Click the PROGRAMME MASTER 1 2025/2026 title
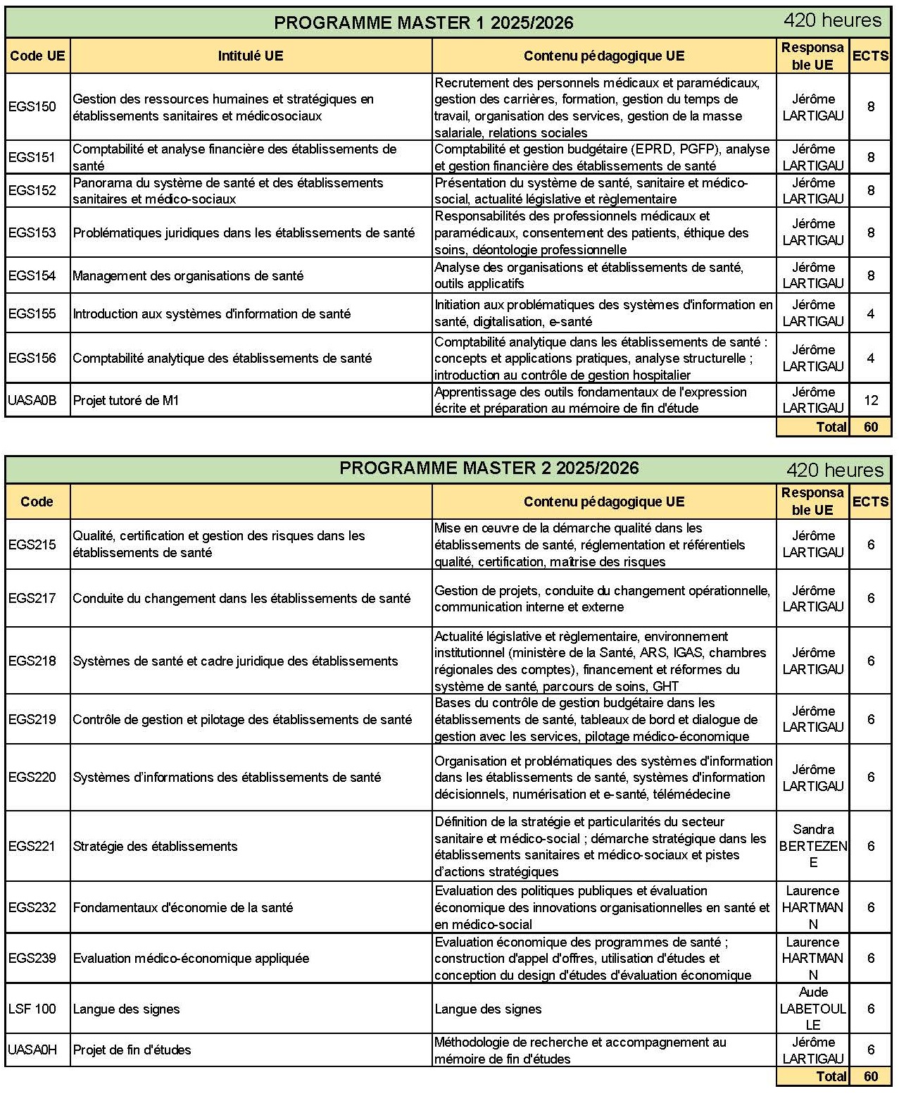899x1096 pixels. pyautogui.click(x=423, y=23)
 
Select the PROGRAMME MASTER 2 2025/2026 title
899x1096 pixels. pyautogui.click(x=489, y=468)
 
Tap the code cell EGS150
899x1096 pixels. pyautogui.click(x=32, y=107)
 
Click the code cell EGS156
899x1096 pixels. pyautogui.click(x=32, y=358)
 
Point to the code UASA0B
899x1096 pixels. pyautogui.click(x=32, y=400)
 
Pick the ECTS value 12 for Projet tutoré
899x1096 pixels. pyautogui.click(x=871, y=400)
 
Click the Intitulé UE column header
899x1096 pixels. pyautogui.click(x=250, y=56)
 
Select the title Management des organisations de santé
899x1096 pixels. pyautogui.click(x=188, y=275)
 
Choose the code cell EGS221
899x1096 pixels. pyautogui.click(x=32, y=846)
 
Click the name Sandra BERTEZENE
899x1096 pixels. pyautogui.click(x=813, y=846)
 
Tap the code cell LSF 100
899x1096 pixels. pyautogui.click(x=32, y=1009)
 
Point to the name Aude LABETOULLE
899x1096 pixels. pyautogui.click(x=813, y=1009)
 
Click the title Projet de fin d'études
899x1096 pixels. pyautogui.click(x=132, y=1050)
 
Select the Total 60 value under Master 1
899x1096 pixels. pyautogui.click(x=871, y=427)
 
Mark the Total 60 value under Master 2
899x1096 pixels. pyautogui.click(x=871, y=1076)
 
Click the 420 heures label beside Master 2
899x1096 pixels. pyautogui.click(x=834, y=470)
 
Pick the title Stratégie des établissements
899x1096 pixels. pyautogui.click(x=155, y=846)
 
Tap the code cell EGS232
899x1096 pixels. pyautogui.click(x=32, y=907)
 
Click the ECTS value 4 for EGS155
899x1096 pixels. pyautogui.click(x=871, y=313)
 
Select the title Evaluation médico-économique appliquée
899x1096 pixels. pyautogui.click(x=191, y=958)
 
